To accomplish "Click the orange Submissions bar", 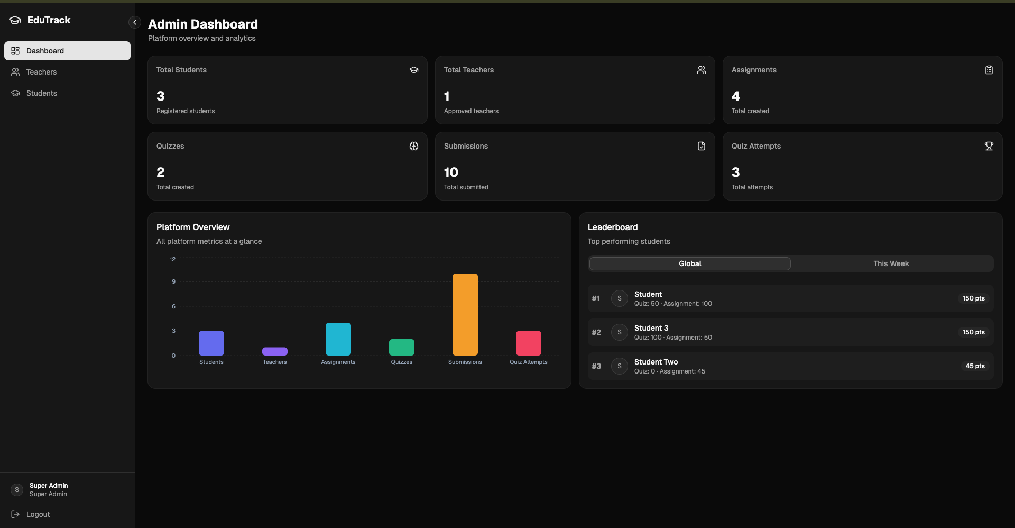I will point(465,314).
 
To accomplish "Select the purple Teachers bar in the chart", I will point(274,351).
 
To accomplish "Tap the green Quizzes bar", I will point(401,347).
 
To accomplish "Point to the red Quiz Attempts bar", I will point(528,343).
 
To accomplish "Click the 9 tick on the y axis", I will point(173,281).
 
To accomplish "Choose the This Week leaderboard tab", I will point(891,263).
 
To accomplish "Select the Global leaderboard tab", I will point(690,263).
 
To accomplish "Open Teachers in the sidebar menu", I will point(41,72).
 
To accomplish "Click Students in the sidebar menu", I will point(41,93).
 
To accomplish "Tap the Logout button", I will point(38,514).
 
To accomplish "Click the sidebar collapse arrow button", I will point(135,22).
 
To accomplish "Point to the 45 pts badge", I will point(975,366).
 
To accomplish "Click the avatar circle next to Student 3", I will point(619,332).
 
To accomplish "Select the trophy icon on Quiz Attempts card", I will point(989,146).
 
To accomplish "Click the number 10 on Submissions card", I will point(451,172).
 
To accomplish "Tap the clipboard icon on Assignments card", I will point(989,70).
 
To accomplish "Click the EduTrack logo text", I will point(49,20).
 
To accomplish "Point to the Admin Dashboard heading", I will point(203,24).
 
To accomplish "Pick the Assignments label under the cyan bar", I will point(338,362).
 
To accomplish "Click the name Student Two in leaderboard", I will point(656,362).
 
